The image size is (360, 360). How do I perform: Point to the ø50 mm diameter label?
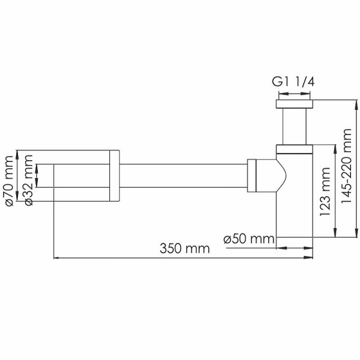click(248, 239)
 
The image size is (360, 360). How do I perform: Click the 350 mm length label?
click(184, 248)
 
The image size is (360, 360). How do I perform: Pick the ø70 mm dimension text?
click(9, 180)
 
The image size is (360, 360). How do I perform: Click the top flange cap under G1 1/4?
click(293, 104)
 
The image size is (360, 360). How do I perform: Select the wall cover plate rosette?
click(115, 175)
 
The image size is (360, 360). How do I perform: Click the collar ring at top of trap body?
click(293, 149)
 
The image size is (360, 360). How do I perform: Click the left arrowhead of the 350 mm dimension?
click(58, 259)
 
